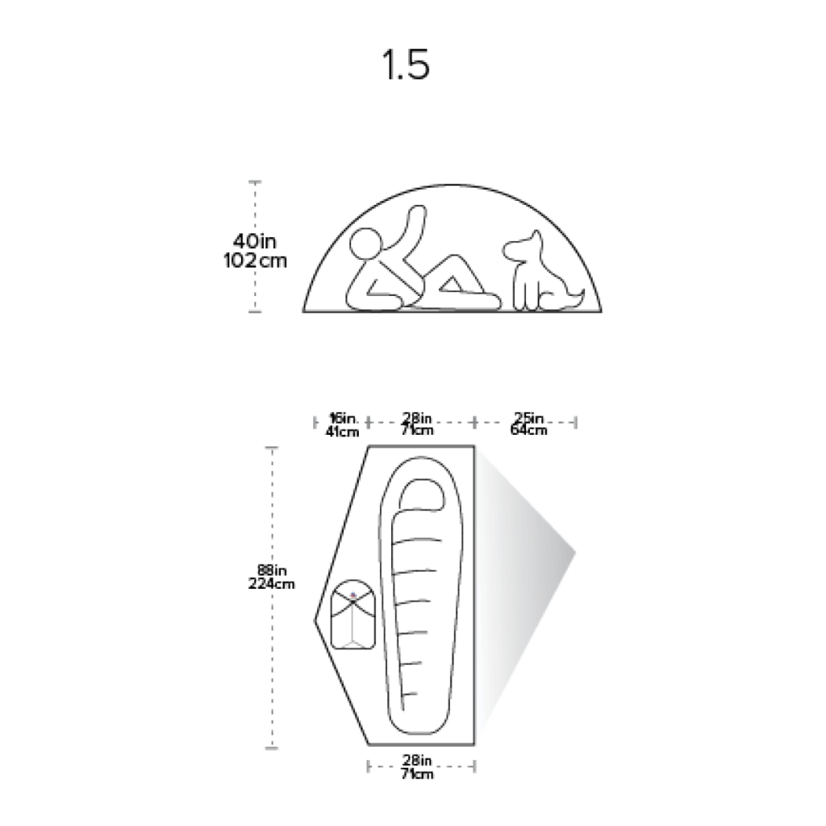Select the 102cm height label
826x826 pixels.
(253, 261)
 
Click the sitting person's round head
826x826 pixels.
(366, 245)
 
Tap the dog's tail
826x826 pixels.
(574, 294)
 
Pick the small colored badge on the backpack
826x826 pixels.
(353, 595)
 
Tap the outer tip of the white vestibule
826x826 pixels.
(575, 552)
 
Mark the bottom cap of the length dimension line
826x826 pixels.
(273, 748)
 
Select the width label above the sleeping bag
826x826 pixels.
(419, 423)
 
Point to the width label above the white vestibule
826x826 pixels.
(530, 423)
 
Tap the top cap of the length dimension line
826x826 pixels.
(273, 446)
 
